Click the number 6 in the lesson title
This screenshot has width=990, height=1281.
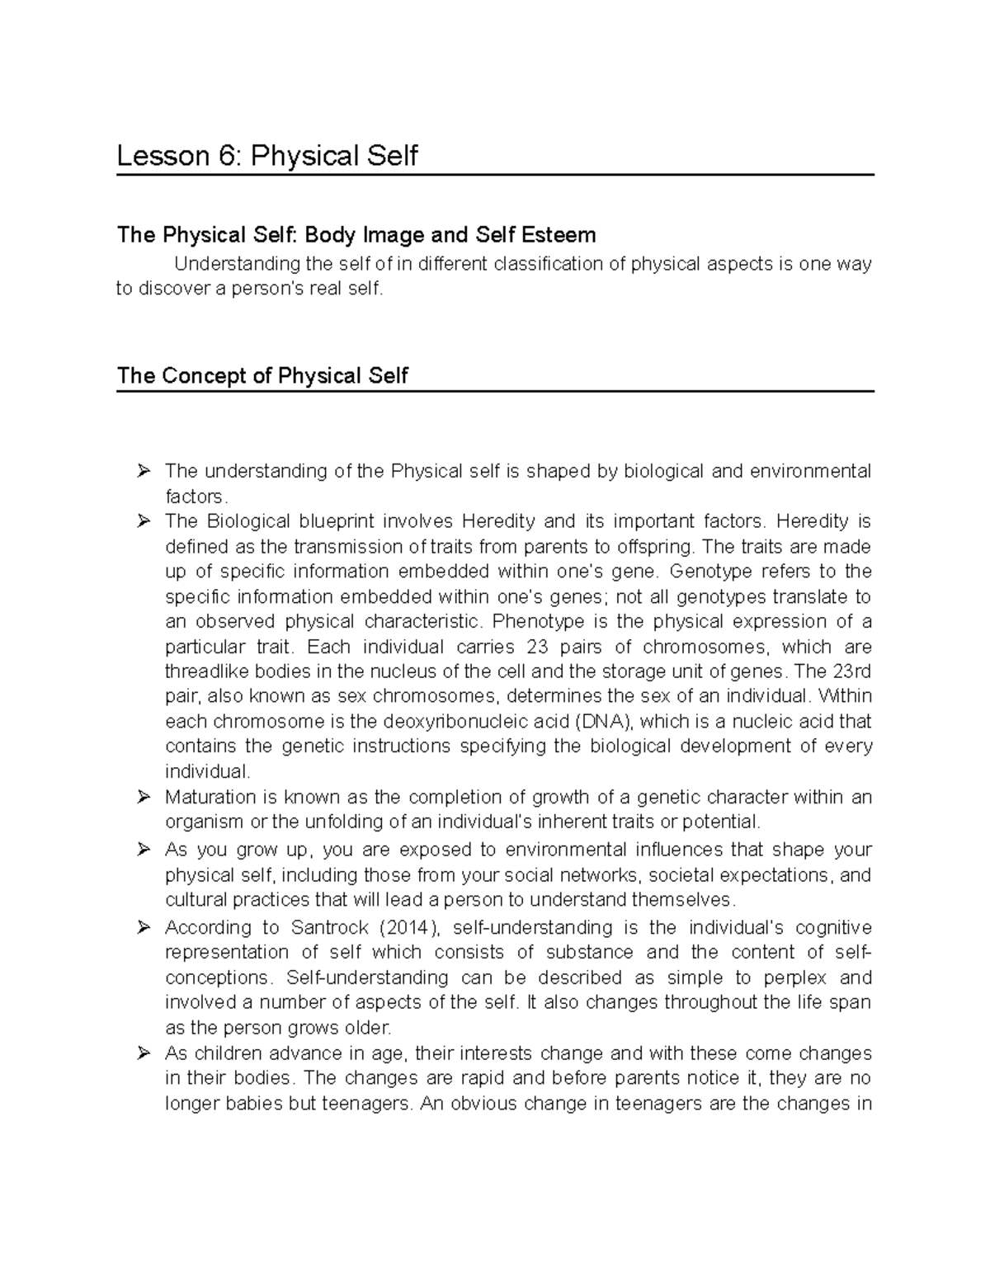click(228, 155)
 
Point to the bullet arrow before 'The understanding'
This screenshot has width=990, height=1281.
click(144, 471)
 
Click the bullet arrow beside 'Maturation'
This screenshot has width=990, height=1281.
click(144, 797)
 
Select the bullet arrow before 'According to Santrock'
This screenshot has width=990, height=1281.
click(144, 927)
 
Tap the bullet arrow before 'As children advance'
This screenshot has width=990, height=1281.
click(144, 1053)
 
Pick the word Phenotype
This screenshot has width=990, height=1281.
click(539, 621)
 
